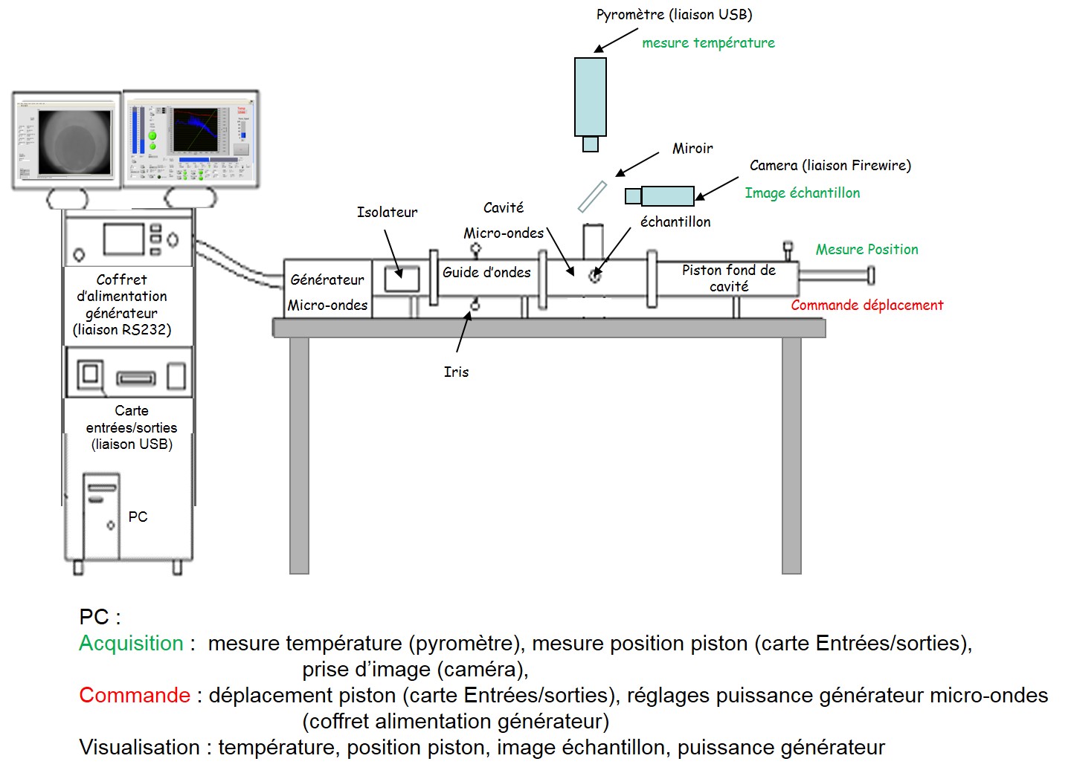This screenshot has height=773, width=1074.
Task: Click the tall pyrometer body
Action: point(590,97)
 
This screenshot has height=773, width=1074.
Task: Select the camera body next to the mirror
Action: point(666,195)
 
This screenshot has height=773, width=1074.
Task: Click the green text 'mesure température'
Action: point(708,43)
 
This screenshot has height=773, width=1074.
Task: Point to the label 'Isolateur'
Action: point(387,213)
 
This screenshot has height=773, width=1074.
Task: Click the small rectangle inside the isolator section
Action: point(402,279)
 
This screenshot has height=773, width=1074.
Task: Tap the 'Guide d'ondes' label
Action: point(486,273)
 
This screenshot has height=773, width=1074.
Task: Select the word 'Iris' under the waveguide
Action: point(456,372)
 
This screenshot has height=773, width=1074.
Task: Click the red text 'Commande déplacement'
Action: point(866,305)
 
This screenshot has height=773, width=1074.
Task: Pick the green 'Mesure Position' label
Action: point(866,250)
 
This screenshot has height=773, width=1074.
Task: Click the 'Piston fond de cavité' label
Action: point(728,278)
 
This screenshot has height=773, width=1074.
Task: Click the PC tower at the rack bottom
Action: point(101,517)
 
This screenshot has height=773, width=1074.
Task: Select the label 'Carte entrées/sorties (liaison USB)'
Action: point(132,427)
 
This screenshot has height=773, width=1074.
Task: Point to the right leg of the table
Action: point(791,453)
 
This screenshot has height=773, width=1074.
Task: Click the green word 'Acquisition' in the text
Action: point(131,643)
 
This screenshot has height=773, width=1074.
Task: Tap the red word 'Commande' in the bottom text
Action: point(135,695)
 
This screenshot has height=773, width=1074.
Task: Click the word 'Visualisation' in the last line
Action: point(139,747)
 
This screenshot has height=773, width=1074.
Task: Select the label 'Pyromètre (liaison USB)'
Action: point(674,15)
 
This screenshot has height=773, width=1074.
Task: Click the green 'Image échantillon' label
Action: point(802,193)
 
